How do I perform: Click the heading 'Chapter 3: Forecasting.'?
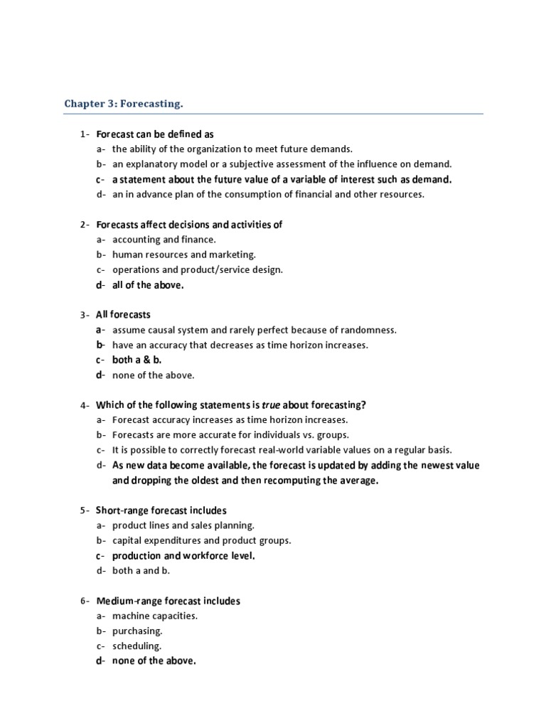(124, 104)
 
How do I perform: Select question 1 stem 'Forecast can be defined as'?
(154, 134)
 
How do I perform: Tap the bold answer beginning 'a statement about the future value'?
(282, 179)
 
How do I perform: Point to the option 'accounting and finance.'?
(164, 240)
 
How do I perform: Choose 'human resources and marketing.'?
(183, 255)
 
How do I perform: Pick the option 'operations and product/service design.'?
(197, 269)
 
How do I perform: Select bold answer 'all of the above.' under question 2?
(148, 285)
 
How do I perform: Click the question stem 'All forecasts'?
(123, 314)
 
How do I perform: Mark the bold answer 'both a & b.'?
(136, 360)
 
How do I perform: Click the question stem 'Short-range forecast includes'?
(161, 510)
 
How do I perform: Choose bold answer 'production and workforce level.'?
(183, 555)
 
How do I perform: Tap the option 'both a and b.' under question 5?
(141, 570)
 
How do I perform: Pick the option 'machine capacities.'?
(154, 616)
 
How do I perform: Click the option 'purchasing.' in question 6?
(137, 631)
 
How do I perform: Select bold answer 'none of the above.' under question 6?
(154, 661)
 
